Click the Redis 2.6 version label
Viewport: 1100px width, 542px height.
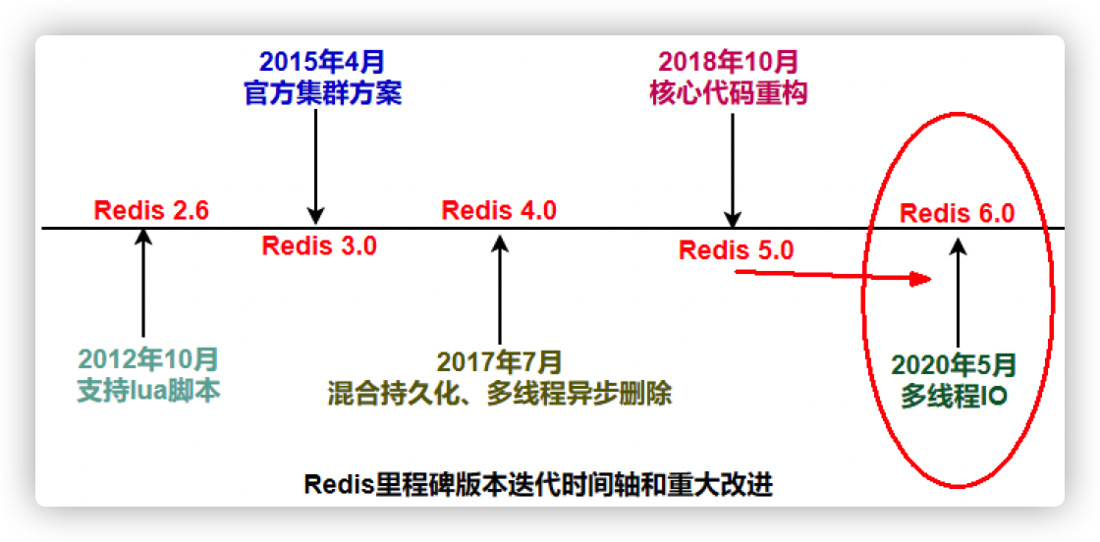pos(151,210)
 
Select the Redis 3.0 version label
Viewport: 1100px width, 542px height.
pos(319,245)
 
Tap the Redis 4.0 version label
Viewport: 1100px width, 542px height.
pos(499,210)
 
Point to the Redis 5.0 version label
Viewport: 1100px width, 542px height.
pos(736,249)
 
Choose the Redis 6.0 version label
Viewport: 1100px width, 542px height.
pos(957,213)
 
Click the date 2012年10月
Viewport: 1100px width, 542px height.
pos(148,359)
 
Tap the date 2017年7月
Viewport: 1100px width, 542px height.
pos(500,362)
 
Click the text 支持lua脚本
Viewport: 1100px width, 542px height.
pos(148,390)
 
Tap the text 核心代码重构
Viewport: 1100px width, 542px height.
pos(729,93)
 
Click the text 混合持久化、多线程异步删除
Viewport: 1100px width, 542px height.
pos(500,394)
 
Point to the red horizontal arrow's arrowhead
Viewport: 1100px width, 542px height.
pos(919,280)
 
